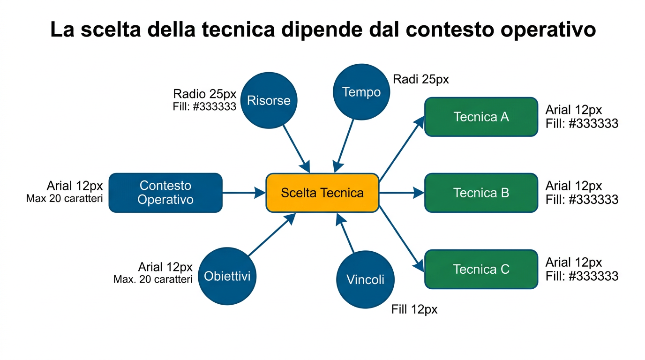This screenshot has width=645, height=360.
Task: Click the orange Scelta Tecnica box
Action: click(322, 193)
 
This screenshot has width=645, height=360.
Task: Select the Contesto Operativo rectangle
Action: click(165, 193)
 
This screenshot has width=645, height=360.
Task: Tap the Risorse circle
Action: click(269, 100)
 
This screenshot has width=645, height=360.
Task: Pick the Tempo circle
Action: click(361, 92)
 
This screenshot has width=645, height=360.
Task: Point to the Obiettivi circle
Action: click(227, 276)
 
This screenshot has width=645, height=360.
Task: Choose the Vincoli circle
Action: click(365, 280)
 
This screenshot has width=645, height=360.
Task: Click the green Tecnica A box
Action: click(481, 117)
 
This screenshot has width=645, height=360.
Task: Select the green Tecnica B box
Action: click(481, 193)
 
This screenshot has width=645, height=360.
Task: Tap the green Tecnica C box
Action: click(481, 269)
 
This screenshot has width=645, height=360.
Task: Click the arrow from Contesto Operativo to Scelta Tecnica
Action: click(244, 193)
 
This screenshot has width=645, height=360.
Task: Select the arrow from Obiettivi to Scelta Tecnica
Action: click(271, 235)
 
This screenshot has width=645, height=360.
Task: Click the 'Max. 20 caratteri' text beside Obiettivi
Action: click(153, 279)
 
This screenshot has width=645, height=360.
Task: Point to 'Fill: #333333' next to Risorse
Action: click(204, 106)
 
